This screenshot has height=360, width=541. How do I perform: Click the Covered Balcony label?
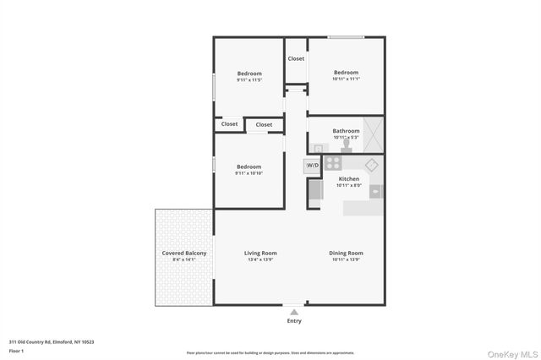183,253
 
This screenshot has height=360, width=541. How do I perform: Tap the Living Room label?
260,253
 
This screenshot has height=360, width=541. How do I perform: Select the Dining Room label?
346,253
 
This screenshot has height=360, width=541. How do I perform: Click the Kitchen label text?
349,178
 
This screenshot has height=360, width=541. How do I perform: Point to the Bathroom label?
346,131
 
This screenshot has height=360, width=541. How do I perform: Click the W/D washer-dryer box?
312,166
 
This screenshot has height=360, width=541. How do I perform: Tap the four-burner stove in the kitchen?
333,164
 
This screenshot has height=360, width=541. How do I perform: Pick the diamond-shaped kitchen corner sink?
371,164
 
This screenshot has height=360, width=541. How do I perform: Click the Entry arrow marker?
294,312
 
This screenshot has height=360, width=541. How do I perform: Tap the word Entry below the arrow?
294,321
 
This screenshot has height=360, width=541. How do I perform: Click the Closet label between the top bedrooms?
296,58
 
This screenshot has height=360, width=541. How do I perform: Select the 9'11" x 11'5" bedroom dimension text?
249,80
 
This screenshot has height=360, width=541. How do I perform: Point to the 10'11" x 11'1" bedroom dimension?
346,79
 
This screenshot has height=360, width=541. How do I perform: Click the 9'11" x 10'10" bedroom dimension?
249,173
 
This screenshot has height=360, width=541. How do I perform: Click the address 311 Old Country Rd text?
52,342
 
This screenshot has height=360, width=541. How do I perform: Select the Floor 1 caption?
16,351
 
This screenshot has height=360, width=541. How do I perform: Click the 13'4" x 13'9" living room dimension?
260,259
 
